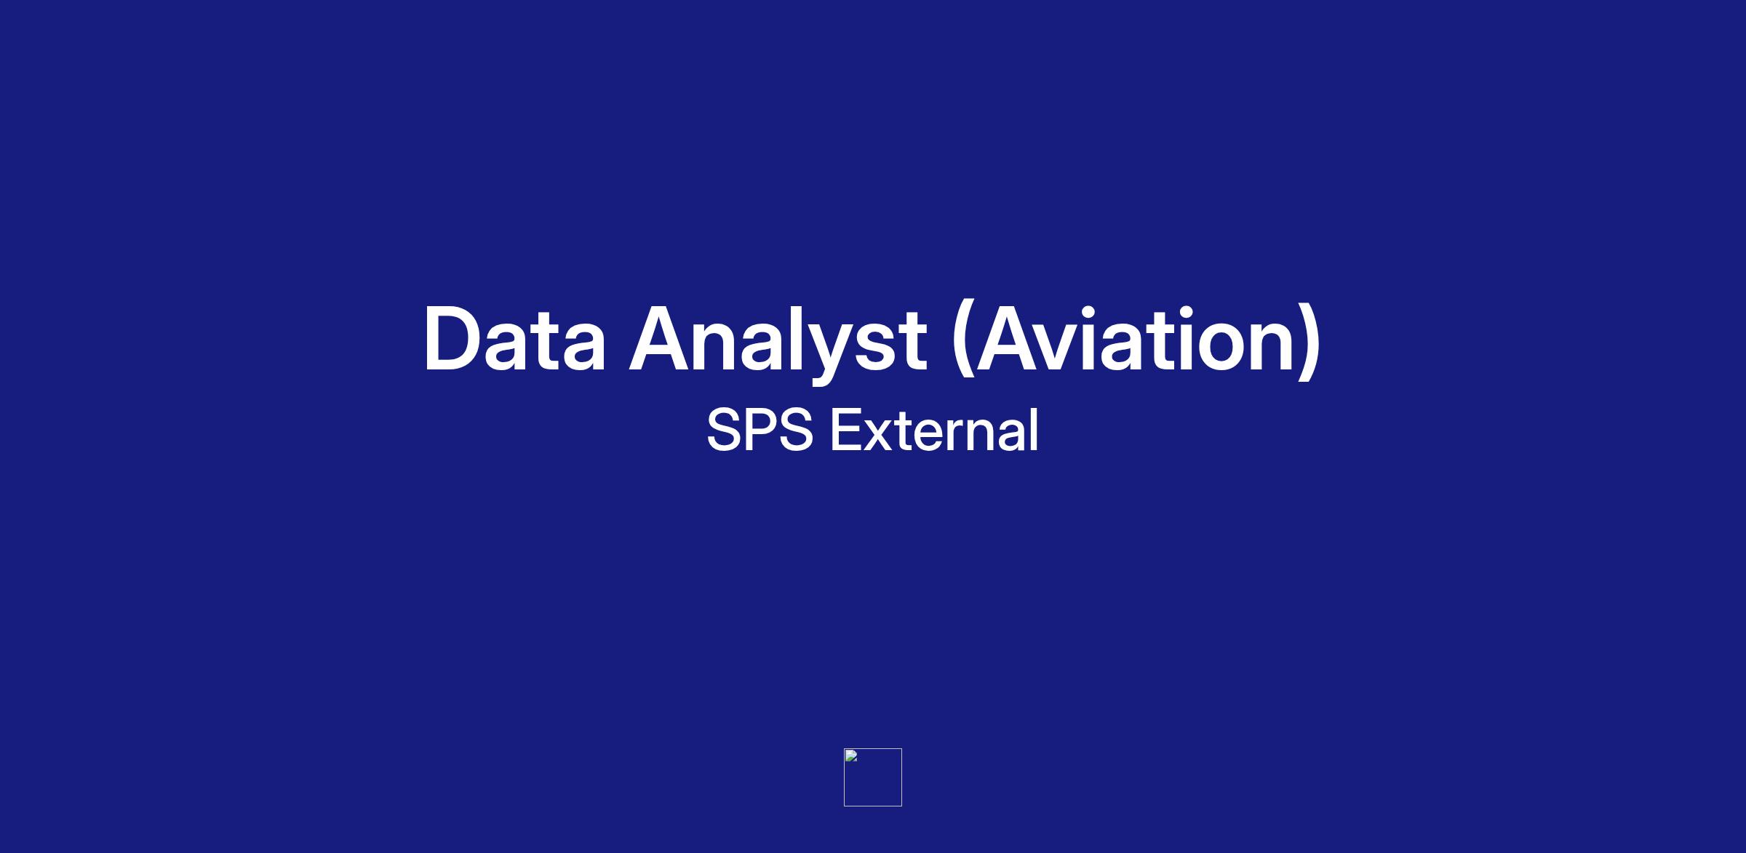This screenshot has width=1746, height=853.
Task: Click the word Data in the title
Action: [514, 340]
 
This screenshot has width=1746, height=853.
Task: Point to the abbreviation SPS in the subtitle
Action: [760, 430]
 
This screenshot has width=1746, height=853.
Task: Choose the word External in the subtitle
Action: [935, 429]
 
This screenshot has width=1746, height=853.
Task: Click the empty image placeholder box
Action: [873, 777]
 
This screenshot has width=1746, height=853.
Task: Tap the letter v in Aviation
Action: [1065, 348]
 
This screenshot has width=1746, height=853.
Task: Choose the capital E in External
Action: [847, 430]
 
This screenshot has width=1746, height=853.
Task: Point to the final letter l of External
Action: [1035, 429]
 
